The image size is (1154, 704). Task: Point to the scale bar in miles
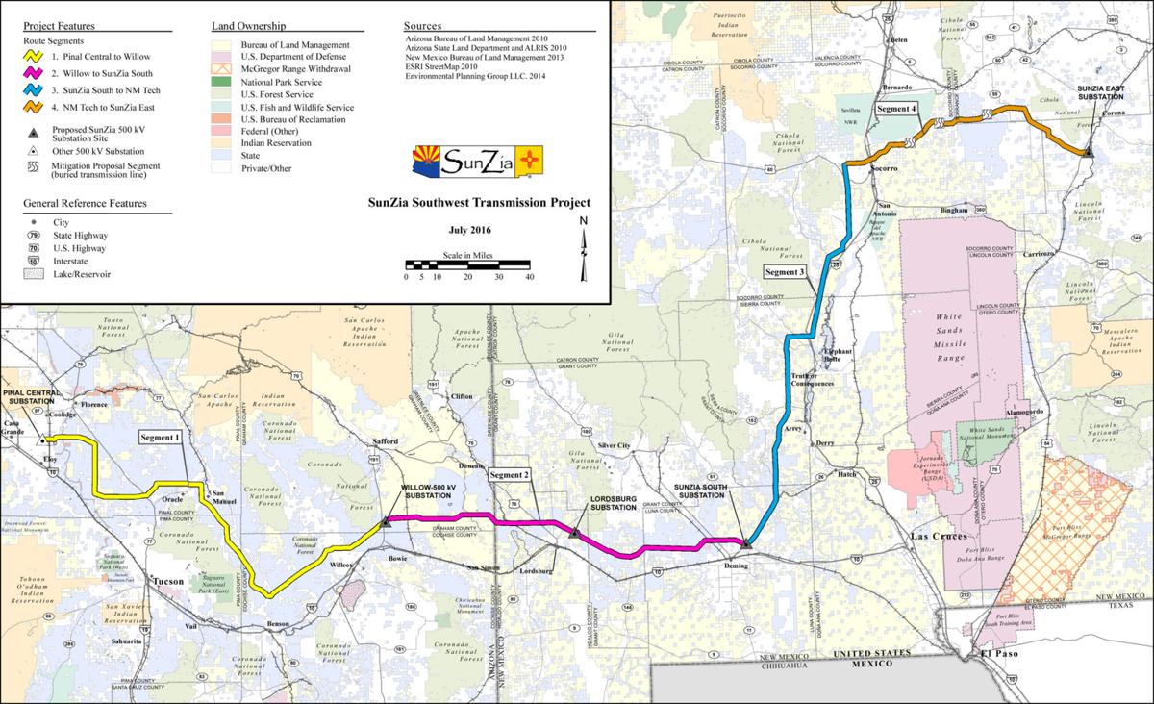tap(469, 264)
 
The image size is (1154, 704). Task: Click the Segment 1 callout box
tap(161, 438)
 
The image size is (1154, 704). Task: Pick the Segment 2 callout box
tap(510, 475)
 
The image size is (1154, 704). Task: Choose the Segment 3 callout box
tap(785, 272)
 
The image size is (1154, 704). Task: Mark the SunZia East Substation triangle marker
tap(1088, 152)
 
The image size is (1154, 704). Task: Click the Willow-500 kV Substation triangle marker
tap(386, 521)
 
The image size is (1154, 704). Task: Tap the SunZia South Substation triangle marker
tap(745, 544)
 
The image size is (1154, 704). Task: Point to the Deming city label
tap(734, 566)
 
